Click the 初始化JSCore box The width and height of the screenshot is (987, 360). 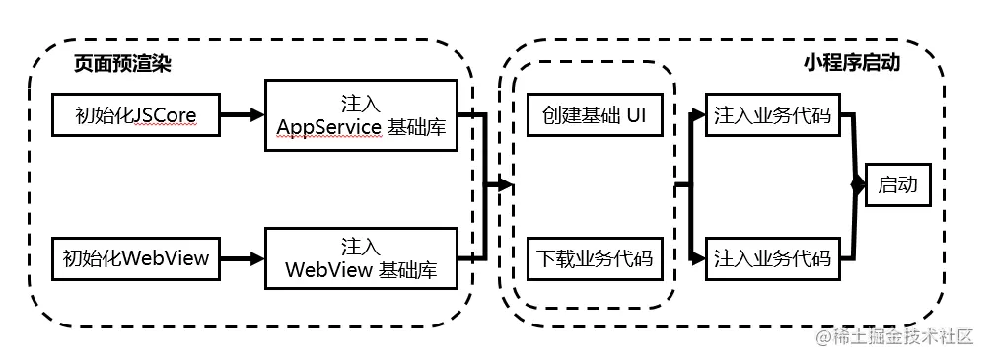136,115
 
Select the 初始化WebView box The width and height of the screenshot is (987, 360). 136,259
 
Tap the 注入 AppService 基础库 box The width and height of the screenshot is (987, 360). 361,116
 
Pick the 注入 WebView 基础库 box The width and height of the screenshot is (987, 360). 361,259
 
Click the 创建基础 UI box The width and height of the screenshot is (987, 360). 594,115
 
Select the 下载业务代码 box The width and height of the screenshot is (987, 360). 594,259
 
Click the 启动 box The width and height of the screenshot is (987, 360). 897,185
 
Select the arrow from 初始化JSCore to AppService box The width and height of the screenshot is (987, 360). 243,115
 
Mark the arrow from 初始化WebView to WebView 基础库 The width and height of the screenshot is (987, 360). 243,259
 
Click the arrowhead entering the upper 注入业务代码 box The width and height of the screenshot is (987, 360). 700,115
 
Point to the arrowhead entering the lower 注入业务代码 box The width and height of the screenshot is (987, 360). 700,259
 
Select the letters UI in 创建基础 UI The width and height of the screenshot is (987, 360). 637,115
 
